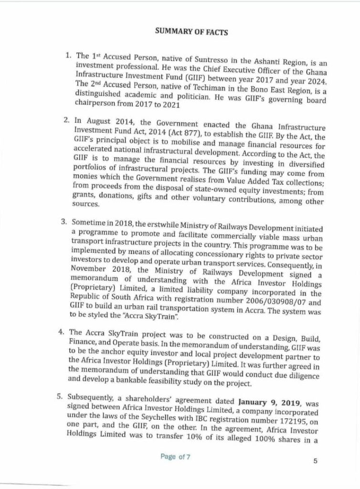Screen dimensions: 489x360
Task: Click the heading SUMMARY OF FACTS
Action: (191, 32)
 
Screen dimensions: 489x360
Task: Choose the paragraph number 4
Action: (63, 332)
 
